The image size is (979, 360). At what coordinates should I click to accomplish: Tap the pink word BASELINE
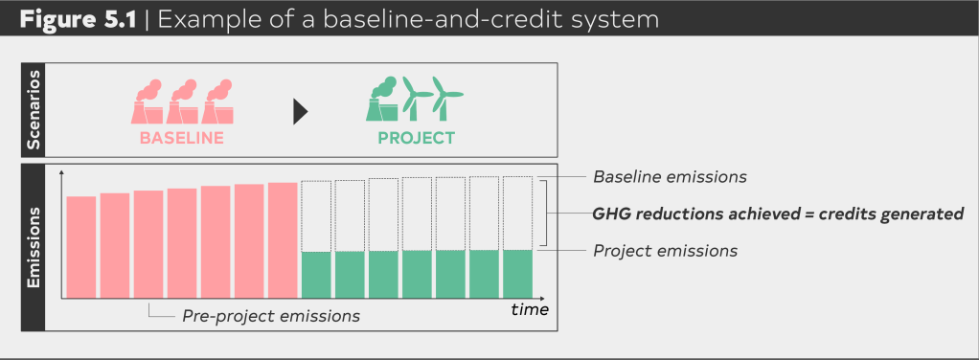coord(182,138)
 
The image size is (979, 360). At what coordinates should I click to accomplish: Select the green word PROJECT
coord(417,138)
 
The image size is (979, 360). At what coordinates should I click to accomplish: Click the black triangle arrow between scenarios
coord(301,112)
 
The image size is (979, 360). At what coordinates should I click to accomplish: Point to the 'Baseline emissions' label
coord(670,176)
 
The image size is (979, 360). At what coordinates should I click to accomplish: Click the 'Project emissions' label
coord(665,251)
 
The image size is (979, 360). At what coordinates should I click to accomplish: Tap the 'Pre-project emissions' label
coord(271,316)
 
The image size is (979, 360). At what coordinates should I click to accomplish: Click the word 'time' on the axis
coord(530,309)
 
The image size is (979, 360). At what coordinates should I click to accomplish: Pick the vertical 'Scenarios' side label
coord(34,110)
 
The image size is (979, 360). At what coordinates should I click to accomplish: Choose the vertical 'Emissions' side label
coord(34,248)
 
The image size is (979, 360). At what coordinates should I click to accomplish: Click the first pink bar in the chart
coord(81,247)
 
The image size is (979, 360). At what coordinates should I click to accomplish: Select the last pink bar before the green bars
coord(283,240)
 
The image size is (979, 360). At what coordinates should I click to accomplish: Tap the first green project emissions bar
coord(316,275)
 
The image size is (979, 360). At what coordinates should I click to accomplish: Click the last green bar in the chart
coord(517,275)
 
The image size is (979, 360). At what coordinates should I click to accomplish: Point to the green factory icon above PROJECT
coord(382,100)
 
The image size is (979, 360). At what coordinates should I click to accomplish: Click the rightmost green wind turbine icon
coord(446,99)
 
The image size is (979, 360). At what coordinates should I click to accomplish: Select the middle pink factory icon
coord(182,101)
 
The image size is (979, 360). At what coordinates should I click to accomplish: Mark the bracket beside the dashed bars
coord(547,214)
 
